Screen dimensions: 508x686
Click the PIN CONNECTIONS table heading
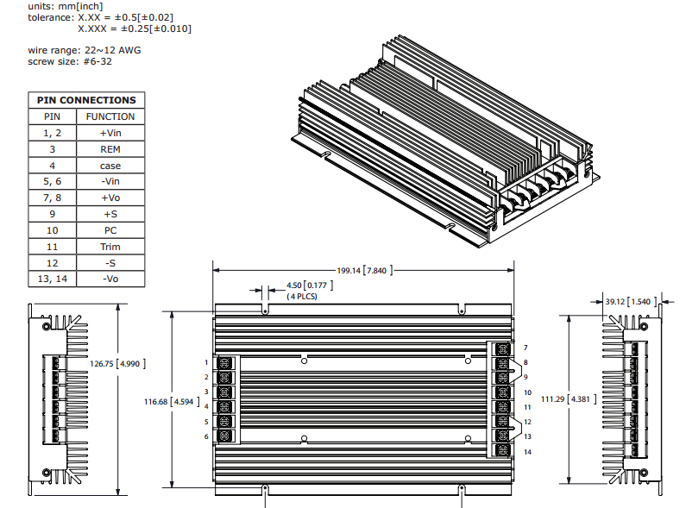point(86,100)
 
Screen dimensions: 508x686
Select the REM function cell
point(110,149)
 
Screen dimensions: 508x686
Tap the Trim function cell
point(110,247)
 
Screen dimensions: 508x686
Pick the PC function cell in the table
point(110,230)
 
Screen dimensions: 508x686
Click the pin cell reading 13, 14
point(52,279)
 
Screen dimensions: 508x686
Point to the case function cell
point(110,166)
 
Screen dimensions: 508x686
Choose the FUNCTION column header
point(110,116)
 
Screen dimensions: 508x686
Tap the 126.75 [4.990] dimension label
point(118,363)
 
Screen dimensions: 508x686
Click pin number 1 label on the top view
point(206,362)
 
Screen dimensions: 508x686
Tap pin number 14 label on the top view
point(526,453)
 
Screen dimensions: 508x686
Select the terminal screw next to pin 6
point(225,437)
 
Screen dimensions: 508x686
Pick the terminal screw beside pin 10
point(500,392)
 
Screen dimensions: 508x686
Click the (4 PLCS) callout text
point(302,297)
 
